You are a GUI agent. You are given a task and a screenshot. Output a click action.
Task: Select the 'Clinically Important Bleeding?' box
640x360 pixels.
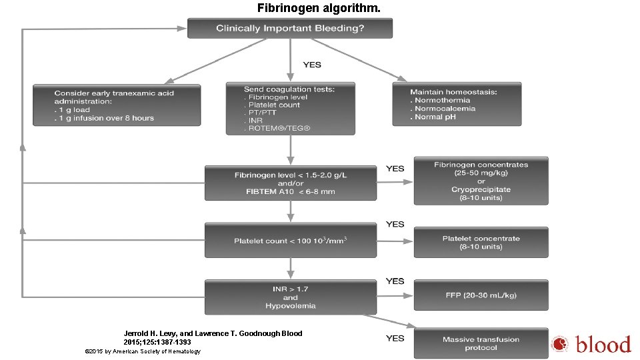[x=290, y=28]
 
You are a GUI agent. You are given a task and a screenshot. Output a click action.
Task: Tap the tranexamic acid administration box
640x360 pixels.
[x=117, y=105]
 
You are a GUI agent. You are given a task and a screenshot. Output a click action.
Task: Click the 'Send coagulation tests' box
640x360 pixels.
[x=290, y=108]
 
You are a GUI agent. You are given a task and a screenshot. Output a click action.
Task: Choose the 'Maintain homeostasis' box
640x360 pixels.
[x=457, y=104]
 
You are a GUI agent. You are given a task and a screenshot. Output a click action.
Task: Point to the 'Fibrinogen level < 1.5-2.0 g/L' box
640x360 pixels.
[x=290, y=183]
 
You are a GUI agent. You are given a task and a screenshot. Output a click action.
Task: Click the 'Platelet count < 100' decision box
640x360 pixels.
[x=290, y=241]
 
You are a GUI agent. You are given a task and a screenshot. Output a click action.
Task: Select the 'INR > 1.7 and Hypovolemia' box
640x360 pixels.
[x=290, y=297]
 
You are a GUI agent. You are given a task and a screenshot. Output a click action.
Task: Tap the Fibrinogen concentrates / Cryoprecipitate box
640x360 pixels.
[x=481, y=181]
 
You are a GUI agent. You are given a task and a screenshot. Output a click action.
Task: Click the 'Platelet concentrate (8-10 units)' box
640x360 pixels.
[x=481, y=243]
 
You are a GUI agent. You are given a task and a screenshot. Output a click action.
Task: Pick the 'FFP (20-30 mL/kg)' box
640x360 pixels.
[x=481, y=295]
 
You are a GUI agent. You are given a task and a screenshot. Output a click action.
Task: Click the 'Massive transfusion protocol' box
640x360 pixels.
[x=481, y=343]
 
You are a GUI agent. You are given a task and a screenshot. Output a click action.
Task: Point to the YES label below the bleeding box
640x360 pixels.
[x=312, y=65]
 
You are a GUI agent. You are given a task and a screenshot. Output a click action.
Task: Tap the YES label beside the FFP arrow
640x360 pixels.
[x=395, y=281]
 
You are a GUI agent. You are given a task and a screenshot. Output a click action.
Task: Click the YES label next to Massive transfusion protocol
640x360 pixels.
[x=395, y=338]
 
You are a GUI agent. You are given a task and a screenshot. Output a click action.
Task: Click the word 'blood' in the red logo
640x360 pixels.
[x=603, y=345]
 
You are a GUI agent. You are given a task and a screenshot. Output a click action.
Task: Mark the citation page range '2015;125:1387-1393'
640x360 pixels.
[x=157, y=342]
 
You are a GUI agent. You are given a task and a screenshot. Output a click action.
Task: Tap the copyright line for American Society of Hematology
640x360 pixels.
[x=143, y=351]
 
